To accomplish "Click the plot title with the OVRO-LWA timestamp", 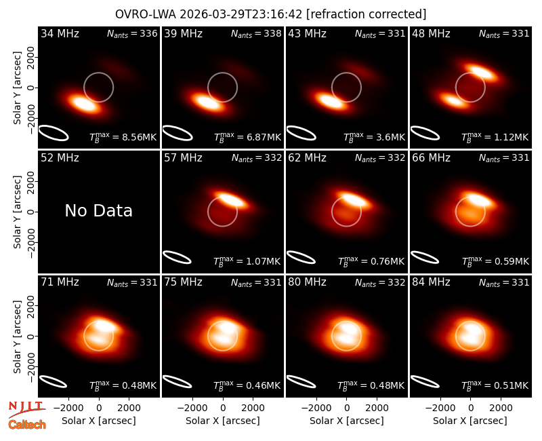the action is click(x=270, y=14).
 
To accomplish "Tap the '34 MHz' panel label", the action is click(x=60, y=33).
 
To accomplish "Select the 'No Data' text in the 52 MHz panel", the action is click(x=98, y=210).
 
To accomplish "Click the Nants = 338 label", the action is click(x=256, y=33).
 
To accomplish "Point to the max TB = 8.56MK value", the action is click(x=123, y=137).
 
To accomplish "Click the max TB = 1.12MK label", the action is click(x=495, y=137).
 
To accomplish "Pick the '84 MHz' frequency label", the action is click(x=431, y=282).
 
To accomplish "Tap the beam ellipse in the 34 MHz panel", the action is click(x=54, y=133).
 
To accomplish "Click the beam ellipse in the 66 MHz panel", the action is click(x=425, y=257).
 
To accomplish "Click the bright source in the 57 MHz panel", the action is click(x=232, y=199).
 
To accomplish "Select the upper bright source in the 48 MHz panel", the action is click(x=479, y=72).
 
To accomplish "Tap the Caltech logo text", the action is click(x=27, y=425).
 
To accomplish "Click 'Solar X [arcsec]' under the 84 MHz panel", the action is click(x=470, y=421).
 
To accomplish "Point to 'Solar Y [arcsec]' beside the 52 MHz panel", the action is click(x=17, y=212).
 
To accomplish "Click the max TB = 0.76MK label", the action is click(x=371, y=261).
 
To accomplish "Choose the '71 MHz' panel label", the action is click(x=60, y=282).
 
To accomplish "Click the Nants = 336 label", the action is click(x=132, y=33).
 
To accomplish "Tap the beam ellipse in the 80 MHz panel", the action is click(x=301, y=381).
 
